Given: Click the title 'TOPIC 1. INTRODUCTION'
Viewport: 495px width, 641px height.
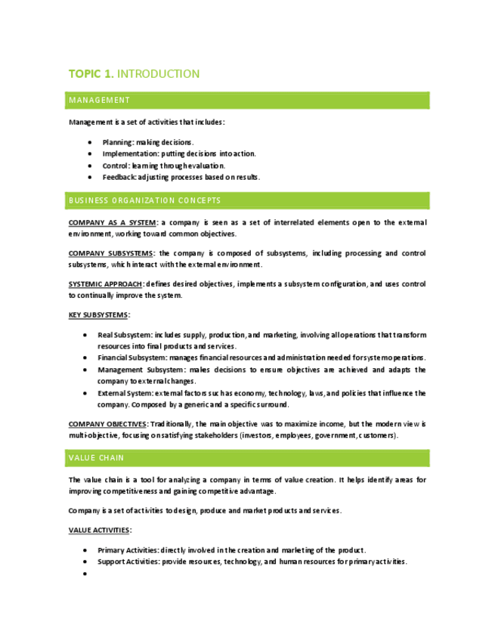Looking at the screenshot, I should (134, 74).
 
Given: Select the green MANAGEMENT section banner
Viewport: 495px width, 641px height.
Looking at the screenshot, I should (249, 100).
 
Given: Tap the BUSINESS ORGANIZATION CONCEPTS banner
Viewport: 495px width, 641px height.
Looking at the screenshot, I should (249, 200).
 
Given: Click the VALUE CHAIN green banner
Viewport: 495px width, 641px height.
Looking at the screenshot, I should (249, 458).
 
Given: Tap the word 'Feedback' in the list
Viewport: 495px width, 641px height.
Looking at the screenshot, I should (120, 177).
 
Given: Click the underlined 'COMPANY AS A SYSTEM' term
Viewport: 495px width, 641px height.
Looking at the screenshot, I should (112, 223).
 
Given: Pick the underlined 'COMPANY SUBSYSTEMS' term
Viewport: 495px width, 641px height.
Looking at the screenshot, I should (110, 253).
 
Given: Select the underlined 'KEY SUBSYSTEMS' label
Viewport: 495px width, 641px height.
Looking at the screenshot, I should (98, 314).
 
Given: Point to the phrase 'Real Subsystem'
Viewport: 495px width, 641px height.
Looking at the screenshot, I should (124, 333).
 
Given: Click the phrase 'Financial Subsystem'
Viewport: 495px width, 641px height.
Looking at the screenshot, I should (132, 357).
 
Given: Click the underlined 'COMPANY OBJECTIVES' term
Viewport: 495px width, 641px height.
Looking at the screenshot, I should (107, 424).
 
